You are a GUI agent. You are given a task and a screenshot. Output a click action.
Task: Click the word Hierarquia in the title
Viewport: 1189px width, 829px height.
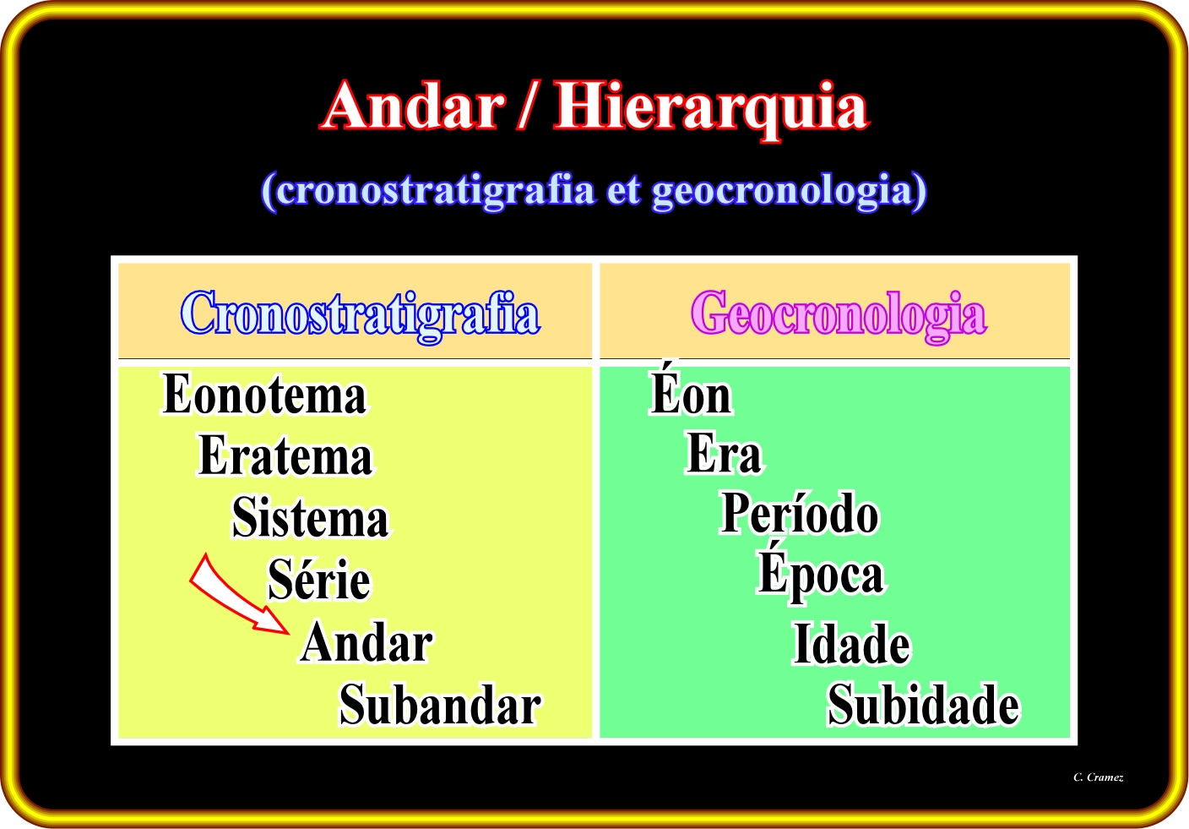click(711, 111)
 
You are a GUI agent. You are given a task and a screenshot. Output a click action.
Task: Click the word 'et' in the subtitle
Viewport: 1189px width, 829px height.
click(623, 191)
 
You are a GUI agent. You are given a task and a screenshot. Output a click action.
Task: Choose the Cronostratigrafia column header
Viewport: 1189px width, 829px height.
click(361, 315)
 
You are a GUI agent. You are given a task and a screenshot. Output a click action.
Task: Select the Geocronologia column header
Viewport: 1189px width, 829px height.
click(839, 315)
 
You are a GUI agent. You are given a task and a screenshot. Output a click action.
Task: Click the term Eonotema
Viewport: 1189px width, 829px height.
click(263, 394)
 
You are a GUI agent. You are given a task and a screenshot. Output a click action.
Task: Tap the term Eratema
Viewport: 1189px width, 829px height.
click(285, 455)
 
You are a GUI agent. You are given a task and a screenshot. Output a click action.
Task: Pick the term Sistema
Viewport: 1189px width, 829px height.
click(311, 516)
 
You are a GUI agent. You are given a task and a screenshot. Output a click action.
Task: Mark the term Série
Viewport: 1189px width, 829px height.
click(319, 578)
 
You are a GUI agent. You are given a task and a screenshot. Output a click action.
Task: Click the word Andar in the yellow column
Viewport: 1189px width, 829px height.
click(366, 641)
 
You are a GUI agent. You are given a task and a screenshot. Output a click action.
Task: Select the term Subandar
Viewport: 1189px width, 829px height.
click(440, 704)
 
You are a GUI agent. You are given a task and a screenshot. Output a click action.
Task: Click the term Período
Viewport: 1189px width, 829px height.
click(799, 512)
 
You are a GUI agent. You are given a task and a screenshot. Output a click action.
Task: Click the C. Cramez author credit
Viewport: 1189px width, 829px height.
click(1099, 777)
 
